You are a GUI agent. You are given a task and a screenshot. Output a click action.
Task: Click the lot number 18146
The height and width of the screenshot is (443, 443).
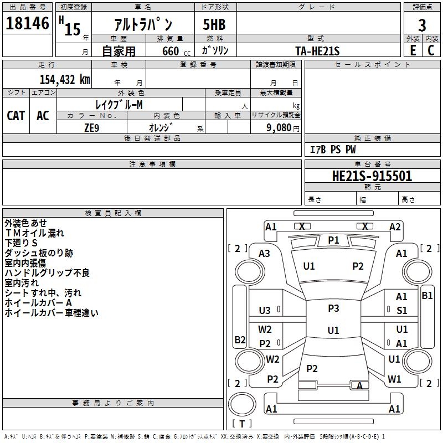28,24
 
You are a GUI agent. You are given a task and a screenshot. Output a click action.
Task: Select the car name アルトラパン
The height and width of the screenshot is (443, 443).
143,25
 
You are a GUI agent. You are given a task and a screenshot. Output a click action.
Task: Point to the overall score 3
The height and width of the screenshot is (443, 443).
422,25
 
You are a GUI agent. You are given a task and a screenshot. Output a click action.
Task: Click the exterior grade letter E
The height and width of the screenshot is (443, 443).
413,50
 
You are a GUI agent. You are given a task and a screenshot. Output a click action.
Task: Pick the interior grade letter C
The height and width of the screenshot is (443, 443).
431,50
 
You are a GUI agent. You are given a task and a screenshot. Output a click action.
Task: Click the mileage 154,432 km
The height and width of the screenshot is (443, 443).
65,79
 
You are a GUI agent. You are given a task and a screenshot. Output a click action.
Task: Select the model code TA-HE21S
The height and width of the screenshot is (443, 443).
317,50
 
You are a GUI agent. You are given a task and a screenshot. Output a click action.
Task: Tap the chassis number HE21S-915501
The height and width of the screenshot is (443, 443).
372,176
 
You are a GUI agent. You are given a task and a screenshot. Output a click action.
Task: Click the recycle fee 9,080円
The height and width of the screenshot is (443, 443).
283,127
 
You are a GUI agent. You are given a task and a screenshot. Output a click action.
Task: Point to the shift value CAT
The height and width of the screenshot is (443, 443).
16,115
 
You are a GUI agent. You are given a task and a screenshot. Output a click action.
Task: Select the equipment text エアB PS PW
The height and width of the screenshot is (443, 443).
332,150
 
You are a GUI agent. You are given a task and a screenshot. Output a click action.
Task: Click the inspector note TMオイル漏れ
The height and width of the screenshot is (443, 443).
34,233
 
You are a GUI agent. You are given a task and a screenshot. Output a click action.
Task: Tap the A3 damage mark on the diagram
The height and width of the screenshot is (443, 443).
264,253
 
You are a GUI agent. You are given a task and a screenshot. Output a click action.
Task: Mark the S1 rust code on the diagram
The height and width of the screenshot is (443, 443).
401,311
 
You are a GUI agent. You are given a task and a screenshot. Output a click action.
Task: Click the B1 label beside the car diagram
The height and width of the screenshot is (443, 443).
427,296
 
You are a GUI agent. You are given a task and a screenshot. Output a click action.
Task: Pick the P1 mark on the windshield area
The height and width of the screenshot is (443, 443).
333,240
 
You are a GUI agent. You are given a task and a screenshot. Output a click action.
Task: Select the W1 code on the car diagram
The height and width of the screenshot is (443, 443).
394,379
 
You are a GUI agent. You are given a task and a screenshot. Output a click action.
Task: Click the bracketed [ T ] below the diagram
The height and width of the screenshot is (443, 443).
242,424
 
